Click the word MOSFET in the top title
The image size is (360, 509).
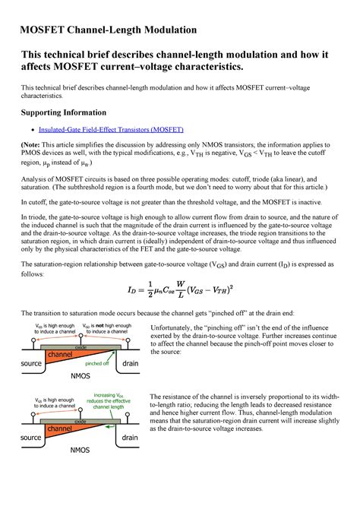[x=45, y=30]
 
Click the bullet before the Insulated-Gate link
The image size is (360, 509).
[x=30, y=131]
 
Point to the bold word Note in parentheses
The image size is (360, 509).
[x=35, y=147]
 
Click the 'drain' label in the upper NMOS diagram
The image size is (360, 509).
[x=130, y=364]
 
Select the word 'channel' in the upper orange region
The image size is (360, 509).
[x=61, y=355]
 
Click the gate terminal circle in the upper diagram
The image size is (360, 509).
[x=80, y=335]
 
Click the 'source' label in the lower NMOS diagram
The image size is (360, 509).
[x=31, y=438]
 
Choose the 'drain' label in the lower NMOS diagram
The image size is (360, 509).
[x=130, y=438]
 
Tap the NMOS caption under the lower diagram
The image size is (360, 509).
[x=81, y=451]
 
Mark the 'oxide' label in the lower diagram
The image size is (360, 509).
[x=81, y=420]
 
